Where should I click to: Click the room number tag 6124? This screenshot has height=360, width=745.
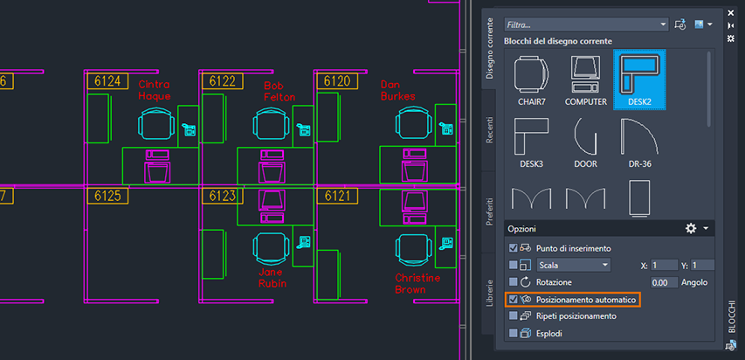(x=107, y=81)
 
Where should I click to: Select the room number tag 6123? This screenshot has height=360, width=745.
(x=223, y=196)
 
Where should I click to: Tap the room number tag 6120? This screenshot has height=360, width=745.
(x=337, y=81)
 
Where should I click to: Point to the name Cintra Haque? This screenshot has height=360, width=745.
(x=155, y=90)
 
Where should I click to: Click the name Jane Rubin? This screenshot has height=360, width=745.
(x=272, y=278)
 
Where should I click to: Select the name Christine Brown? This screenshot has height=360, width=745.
(x=417, y=283)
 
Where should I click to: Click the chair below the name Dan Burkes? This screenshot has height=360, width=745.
(x=413, y=123)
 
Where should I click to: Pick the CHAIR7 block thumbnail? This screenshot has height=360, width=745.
(x=532, y=80)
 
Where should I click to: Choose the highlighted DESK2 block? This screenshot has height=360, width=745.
(x=639, y=80)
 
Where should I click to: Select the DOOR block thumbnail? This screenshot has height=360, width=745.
(x=585, y=142)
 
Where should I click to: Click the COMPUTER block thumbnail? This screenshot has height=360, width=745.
(x=586, y=80)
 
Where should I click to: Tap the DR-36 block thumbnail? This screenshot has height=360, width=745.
(x=639, y=142)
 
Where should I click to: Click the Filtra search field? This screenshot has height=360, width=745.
(x=587, y=24)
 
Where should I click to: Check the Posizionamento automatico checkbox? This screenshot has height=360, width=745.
(x=513, y=300)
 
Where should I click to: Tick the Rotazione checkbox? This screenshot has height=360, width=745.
(x=513, y=282)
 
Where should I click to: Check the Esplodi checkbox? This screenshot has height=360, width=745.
(x=513, y=334)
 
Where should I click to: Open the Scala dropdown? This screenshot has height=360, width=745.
(x=574, y=265)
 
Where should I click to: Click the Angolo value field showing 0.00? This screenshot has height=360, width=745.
(x=664, y=282)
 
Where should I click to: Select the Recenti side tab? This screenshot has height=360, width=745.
(x=489, y=130)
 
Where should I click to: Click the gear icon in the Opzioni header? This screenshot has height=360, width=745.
(x=690, y=229)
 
